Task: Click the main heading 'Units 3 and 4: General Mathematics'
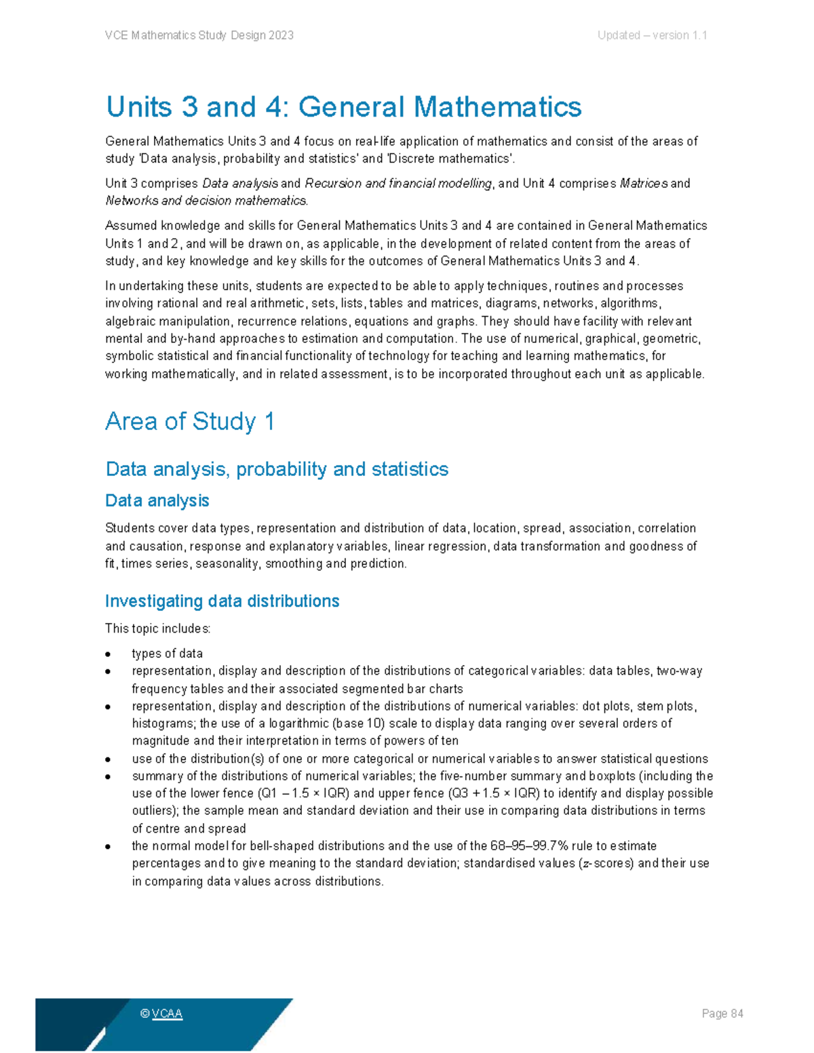point(343,107)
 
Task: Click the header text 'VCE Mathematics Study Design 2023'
point(199,35)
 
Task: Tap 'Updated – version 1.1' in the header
point(652,35)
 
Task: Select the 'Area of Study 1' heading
point(190,422)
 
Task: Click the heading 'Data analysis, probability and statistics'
point(277,469)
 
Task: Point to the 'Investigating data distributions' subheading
point(222,601)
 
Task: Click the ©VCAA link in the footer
point(161,1014)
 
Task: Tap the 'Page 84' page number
point(722,1014)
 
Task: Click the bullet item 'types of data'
point(167,654)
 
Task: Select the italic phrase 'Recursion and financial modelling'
point(399,184)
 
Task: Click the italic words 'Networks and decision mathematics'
point(206,201)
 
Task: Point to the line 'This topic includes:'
point(157,629)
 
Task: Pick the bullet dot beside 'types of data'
point(109,654)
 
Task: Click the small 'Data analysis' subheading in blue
point(157,501)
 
